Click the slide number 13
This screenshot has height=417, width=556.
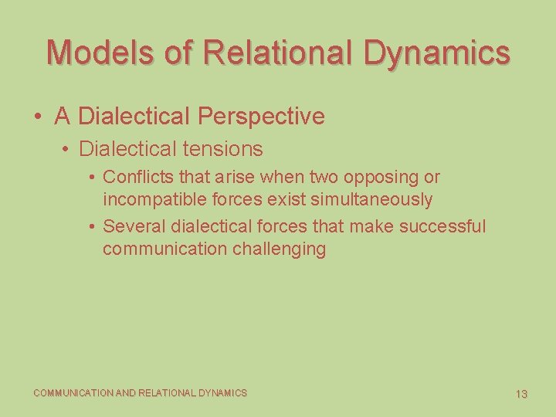click(x=521, y=394)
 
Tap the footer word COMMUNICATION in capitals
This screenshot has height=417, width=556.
click(x=73, y=393)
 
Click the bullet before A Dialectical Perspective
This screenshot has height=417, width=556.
click(x=38, y=117)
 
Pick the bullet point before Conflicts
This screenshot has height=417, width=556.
click(x=92, y=178)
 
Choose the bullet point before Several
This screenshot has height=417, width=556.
click(x=92, y=227)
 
